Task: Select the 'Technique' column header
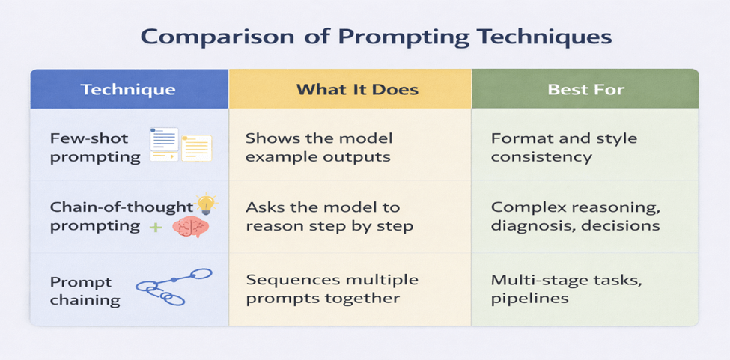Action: point(128,90)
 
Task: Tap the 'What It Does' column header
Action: point(357,90)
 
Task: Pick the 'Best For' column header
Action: point(585,90)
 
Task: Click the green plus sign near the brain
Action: point(156,227)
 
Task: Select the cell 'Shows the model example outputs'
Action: point(319,147)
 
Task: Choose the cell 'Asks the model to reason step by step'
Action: point(329,216)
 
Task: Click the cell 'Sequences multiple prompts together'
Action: point(332,289)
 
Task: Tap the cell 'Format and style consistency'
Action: point(564,147)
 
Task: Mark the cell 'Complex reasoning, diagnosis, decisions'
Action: point(575,216)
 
